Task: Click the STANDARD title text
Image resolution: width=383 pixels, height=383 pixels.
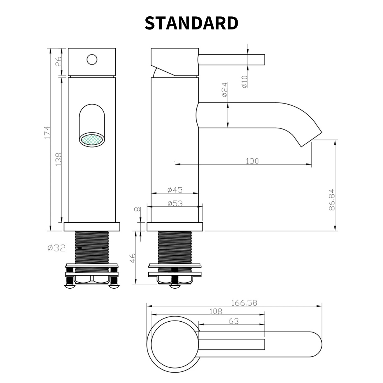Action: pos(191,23)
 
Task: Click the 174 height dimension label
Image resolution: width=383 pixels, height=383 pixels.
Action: pos(48,133)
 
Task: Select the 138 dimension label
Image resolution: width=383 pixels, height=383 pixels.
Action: pos(59,159)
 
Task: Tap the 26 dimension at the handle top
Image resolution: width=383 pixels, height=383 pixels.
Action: pos(59,62)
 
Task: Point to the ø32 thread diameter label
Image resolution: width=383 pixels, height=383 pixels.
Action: pos(57,248)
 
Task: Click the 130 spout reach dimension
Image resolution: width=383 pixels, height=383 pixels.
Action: pos(252,161)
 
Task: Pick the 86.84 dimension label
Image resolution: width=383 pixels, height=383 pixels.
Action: pos(332,200)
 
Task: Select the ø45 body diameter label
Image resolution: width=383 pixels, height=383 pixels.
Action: pos(175,190)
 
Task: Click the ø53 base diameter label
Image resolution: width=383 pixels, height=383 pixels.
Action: pos(175,204)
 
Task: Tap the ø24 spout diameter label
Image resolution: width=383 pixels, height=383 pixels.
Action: pos(224,90)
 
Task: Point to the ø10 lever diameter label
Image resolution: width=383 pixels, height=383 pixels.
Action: pos(244,82)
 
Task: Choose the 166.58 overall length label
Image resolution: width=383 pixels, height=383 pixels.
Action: pos(244,303)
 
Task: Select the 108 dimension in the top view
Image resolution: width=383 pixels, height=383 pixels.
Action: pos(216,311)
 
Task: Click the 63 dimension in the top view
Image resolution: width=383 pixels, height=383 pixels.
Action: pos(234,321)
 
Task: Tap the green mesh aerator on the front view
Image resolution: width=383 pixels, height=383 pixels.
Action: pos(92,140)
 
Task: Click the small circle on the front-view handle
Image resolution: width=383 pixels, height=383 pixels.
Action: pos(92,60)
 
